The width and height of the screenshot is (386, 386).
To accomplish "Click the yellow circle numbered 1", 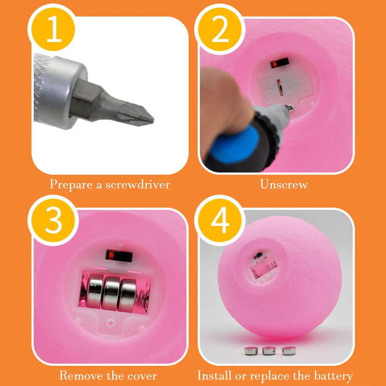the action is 53,29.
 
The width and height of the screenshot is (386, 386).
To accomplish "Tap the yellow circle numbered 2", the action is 220,29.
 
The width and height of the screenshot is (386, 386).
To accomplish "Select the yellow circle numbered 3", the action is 53,220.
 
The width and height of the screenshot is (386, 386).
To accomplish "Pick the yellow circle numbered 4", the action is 220,220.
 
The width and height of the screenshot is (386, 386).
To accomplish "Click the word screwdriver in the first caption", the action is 138,185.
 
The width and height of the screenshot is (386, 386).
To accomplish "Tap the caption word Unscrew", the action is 284,185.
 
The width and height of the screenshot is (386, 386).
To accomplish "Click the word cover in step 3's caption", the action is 142,376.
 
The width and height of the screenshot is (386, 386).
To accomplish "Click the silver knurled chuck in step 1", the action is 60,92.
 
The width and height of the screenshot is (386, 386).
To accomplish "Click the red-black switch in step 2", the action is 279,63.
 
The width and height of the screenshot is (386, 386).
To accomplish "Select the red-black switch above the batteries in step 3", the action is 119,256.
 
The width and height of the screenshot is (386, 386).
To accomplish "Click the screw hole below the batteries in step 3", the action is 110,322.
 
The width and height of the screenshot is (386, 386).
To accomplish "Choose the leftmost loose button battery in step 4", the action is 251,350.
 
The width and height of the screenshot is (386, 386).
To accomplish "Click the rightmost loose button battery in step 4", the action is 289,350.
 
